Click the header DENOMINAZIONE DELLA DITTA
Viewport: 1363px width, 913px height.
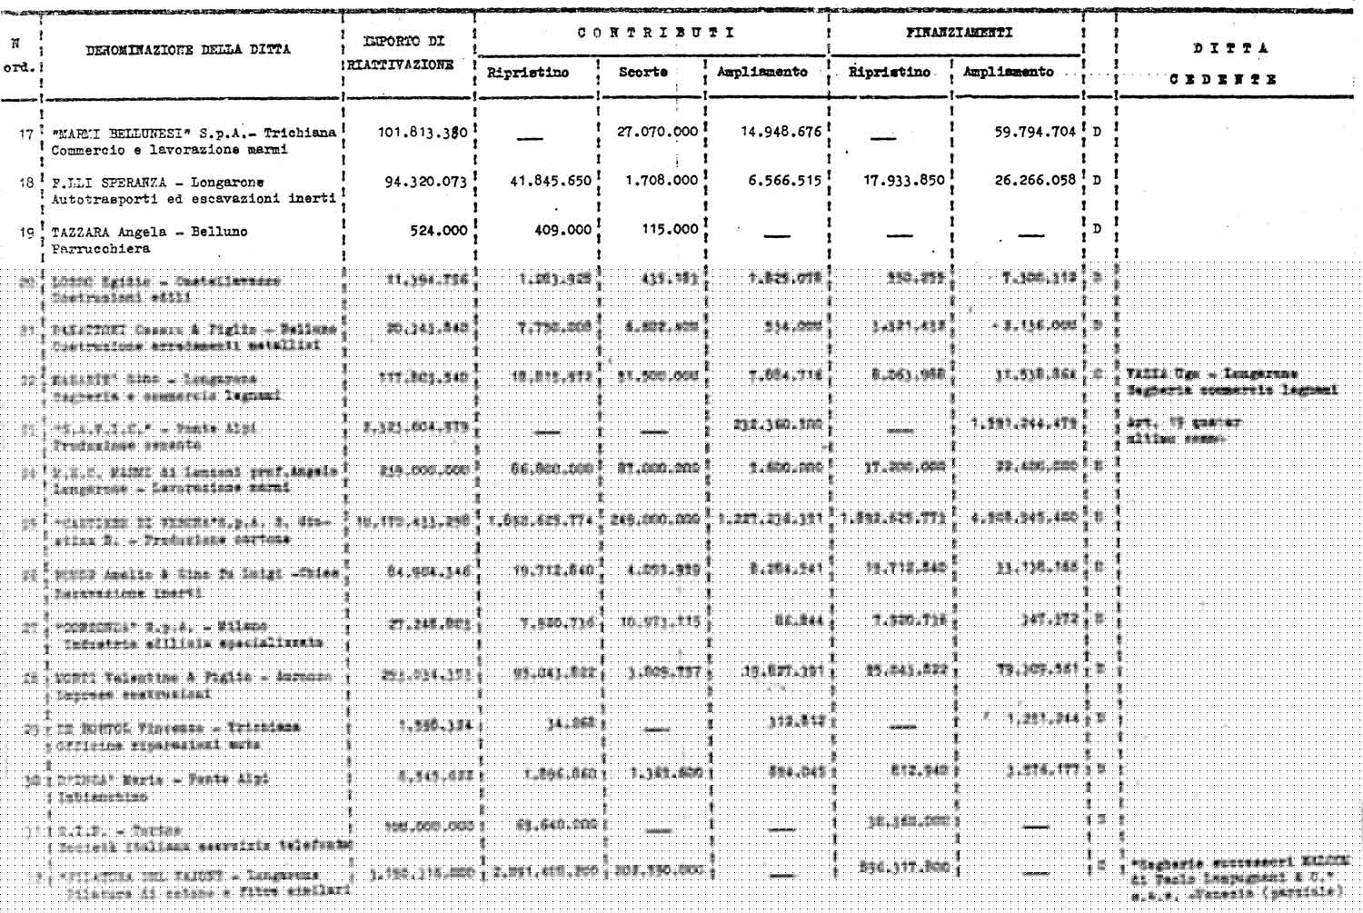tap(188, 50)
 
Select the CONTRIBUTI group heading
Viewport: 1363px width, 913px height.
tap(655, 33)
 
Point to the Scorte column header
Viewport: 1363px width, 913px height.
tap(642, 72)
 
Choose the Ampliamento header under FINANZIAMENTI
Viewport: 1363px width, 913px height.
tap(1008, 72)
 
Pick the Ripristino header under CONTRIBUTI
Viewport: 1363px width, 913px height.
tap(528, 73)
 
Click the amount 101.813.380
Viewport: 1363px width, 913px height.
tap(423, 132)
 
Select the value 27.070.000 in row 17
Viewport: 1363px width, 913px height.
tap(657, 132)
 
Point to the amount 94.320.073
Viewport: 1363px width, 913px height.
tap(425, 182)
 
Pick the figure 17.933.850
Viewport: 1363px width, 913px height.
tap(903, 181)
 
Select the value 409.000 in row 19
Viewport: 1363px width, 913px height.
tap(562, 231)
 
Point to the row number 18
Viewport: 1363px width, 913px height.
tap(26, 183)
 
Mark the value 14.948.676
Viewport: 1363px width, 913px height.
tap(780, 132)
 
